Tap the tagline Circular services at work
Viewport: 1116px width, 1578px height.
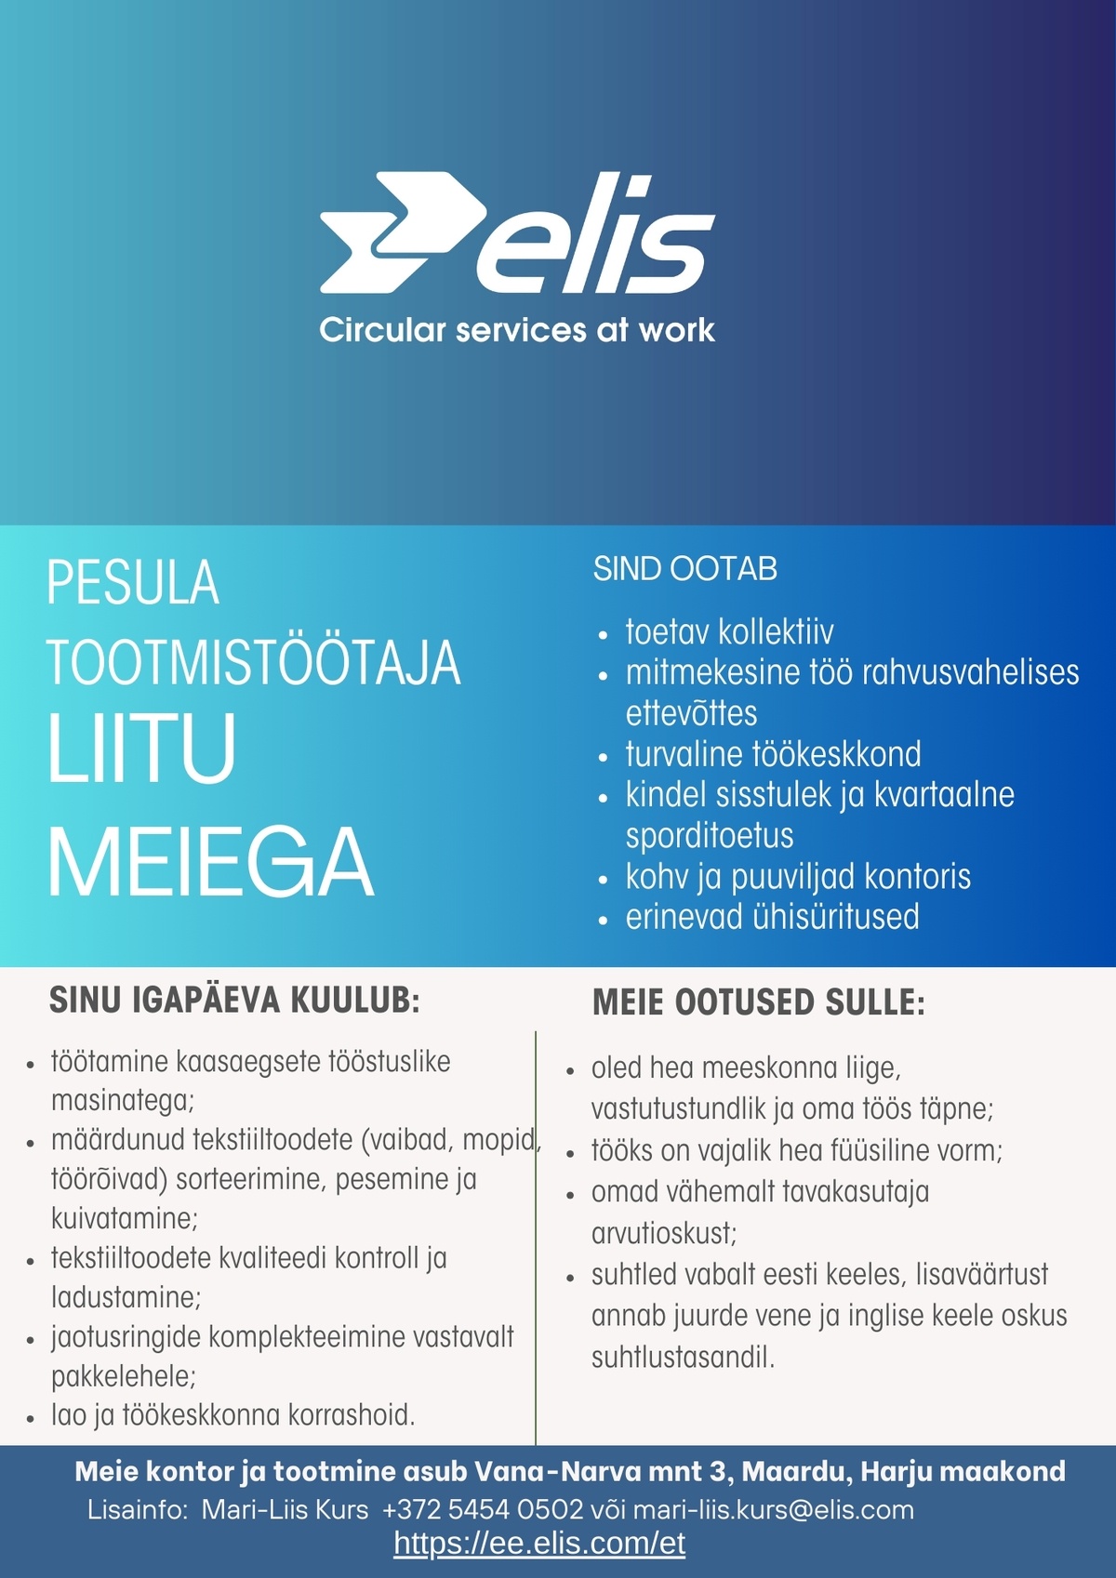[516, 330]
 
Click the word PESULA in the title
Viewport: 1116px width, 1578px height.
[133, 583]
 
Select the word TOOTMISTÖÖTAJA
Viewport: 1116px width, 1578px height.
[253, 663]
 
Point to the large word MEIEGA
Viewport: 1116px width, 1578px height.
[210, 862]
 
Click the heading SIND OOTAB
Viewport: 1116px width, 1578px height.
[684, 569]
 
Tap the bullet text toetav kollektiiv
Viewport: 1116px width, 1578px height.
[729, 632]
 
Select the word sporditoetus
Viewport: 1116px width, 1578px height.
[709, 835]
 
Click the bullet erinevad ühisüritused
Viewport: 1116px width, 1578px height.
[772, 917]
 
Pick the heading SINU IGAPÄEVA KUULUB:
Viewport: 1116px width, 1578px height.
[234, 1001]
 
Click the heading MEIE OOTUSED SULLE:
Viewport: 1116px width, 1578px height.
[759, 1003]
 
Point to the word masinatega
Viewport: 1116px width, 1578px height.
[122, 1101]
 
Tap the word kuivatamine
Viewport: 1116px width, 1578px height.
[124, 1218]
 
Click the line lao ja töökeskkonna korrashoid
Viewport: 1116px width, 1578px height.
[232, 1415]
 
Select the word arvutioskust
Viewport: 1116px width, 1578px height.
[664, 1233]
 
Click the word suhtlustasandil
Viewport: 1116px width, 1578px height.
[683, 1358]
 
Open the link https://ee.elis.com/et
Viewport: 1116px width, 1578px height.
[539, 1544]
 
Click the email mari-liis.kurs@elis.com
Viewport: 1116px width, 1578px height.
[773, 1509]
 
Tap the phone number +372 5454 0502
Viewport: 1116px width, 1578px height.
[483, 1509]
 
